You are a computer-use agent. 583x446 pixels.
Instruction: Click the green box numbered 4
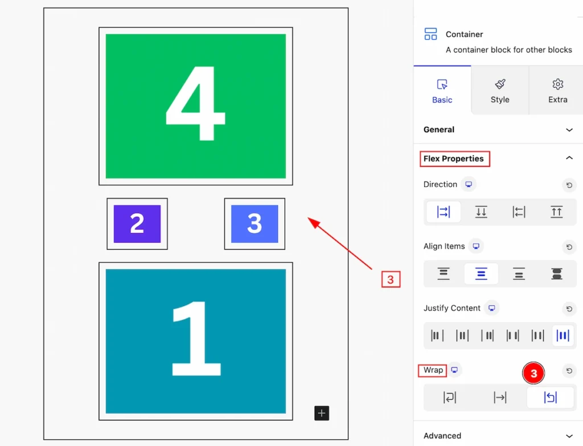tap(196, 106)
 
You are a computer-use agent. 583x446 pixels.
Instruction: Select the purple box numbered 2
tap(137, 223)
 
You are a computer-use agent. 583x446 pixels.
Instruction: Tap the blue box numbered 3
tap(254, 223)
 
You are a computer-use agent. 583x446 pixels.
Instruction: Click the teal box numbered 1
tap(196, 341)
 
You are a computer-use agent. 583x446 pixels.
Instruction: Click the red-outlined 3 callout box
tap(391, 279)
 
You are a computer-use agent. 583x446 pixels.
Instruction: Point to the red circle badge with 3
tap(533, 373)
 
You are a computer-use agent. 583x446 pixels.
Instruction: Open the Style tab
tap(500, 91)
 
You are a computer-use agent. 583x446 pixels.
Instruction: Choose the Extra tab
tap(558, 91)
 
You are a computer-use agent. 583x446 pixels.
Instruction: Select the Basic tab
tap(442, 91)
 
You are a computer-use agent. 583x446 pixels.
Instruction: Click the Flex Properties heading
tap(454, 159)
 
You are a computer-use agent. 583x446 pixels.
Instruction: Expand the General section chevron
tap(569, 130)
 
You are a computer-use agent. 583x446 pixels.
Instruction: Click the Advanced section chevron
tap(569, 436)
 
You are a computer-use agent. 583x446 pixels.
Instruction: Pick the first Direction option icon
tap(444, 212)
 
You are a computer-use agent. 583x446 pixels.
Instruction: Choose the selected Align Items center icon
tap(481, 274)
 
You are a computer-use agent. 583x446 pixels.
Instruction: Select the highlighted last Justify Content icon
tap(563, 335)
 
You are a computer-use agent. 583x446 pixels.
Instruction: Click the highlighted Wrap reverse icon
tap(551, 398)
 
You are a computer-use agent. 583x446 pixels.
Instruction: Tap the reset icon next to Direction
tap(569, 185)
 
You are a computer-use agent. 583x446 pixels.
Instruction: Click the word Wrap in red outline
tap(433, 370)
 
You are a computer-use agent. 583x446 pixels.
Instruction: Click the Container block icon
tap(430, 34)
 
